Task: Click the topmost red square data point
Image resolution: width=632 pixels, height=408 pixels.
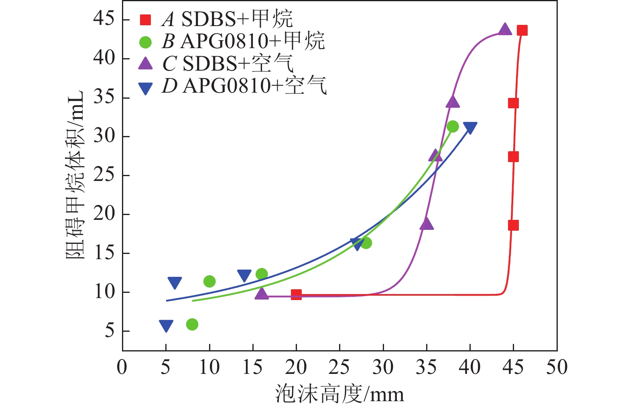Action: point(522,30)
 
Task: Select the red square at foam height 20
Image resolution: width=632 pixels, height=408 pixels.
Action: point(296,294)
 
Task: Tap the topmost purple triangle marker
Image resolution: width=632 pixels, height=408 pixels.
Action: point(505,29)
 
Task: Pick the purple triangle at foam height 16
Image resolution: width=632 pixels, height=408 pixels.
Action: point(262,294)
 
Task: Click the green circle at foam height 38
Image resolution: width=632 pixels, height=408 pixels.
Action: point(453,127)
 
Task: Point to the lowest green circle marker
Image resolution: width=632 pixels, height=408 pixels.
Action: point(192,324)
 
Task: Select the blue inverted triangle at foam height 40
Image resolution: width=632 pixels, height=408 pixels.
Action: point(470,128)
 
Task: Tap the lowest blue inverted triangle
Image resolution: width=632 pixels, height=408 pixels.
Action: point(166,326)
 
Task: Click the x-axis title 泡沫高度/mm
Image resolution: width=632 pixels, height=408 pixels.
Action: point(339,394)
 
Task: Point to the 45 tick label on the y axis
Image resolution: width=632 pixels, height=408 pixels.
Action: point(104,19)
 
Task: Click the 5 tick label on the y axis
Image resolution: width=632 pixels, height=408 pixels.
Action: point(110,331)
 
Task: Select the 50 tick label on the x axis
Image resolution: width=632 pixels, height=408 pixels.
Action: point(557,367)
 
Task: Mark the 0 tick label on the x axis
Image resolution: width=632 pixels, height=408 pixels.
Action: point(122,367)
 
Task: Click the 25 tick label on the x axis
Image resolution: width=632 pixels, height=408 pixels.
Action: point(339,367)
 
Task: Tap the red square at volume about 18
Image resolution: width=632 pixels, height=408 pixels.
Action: point(513,225)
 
